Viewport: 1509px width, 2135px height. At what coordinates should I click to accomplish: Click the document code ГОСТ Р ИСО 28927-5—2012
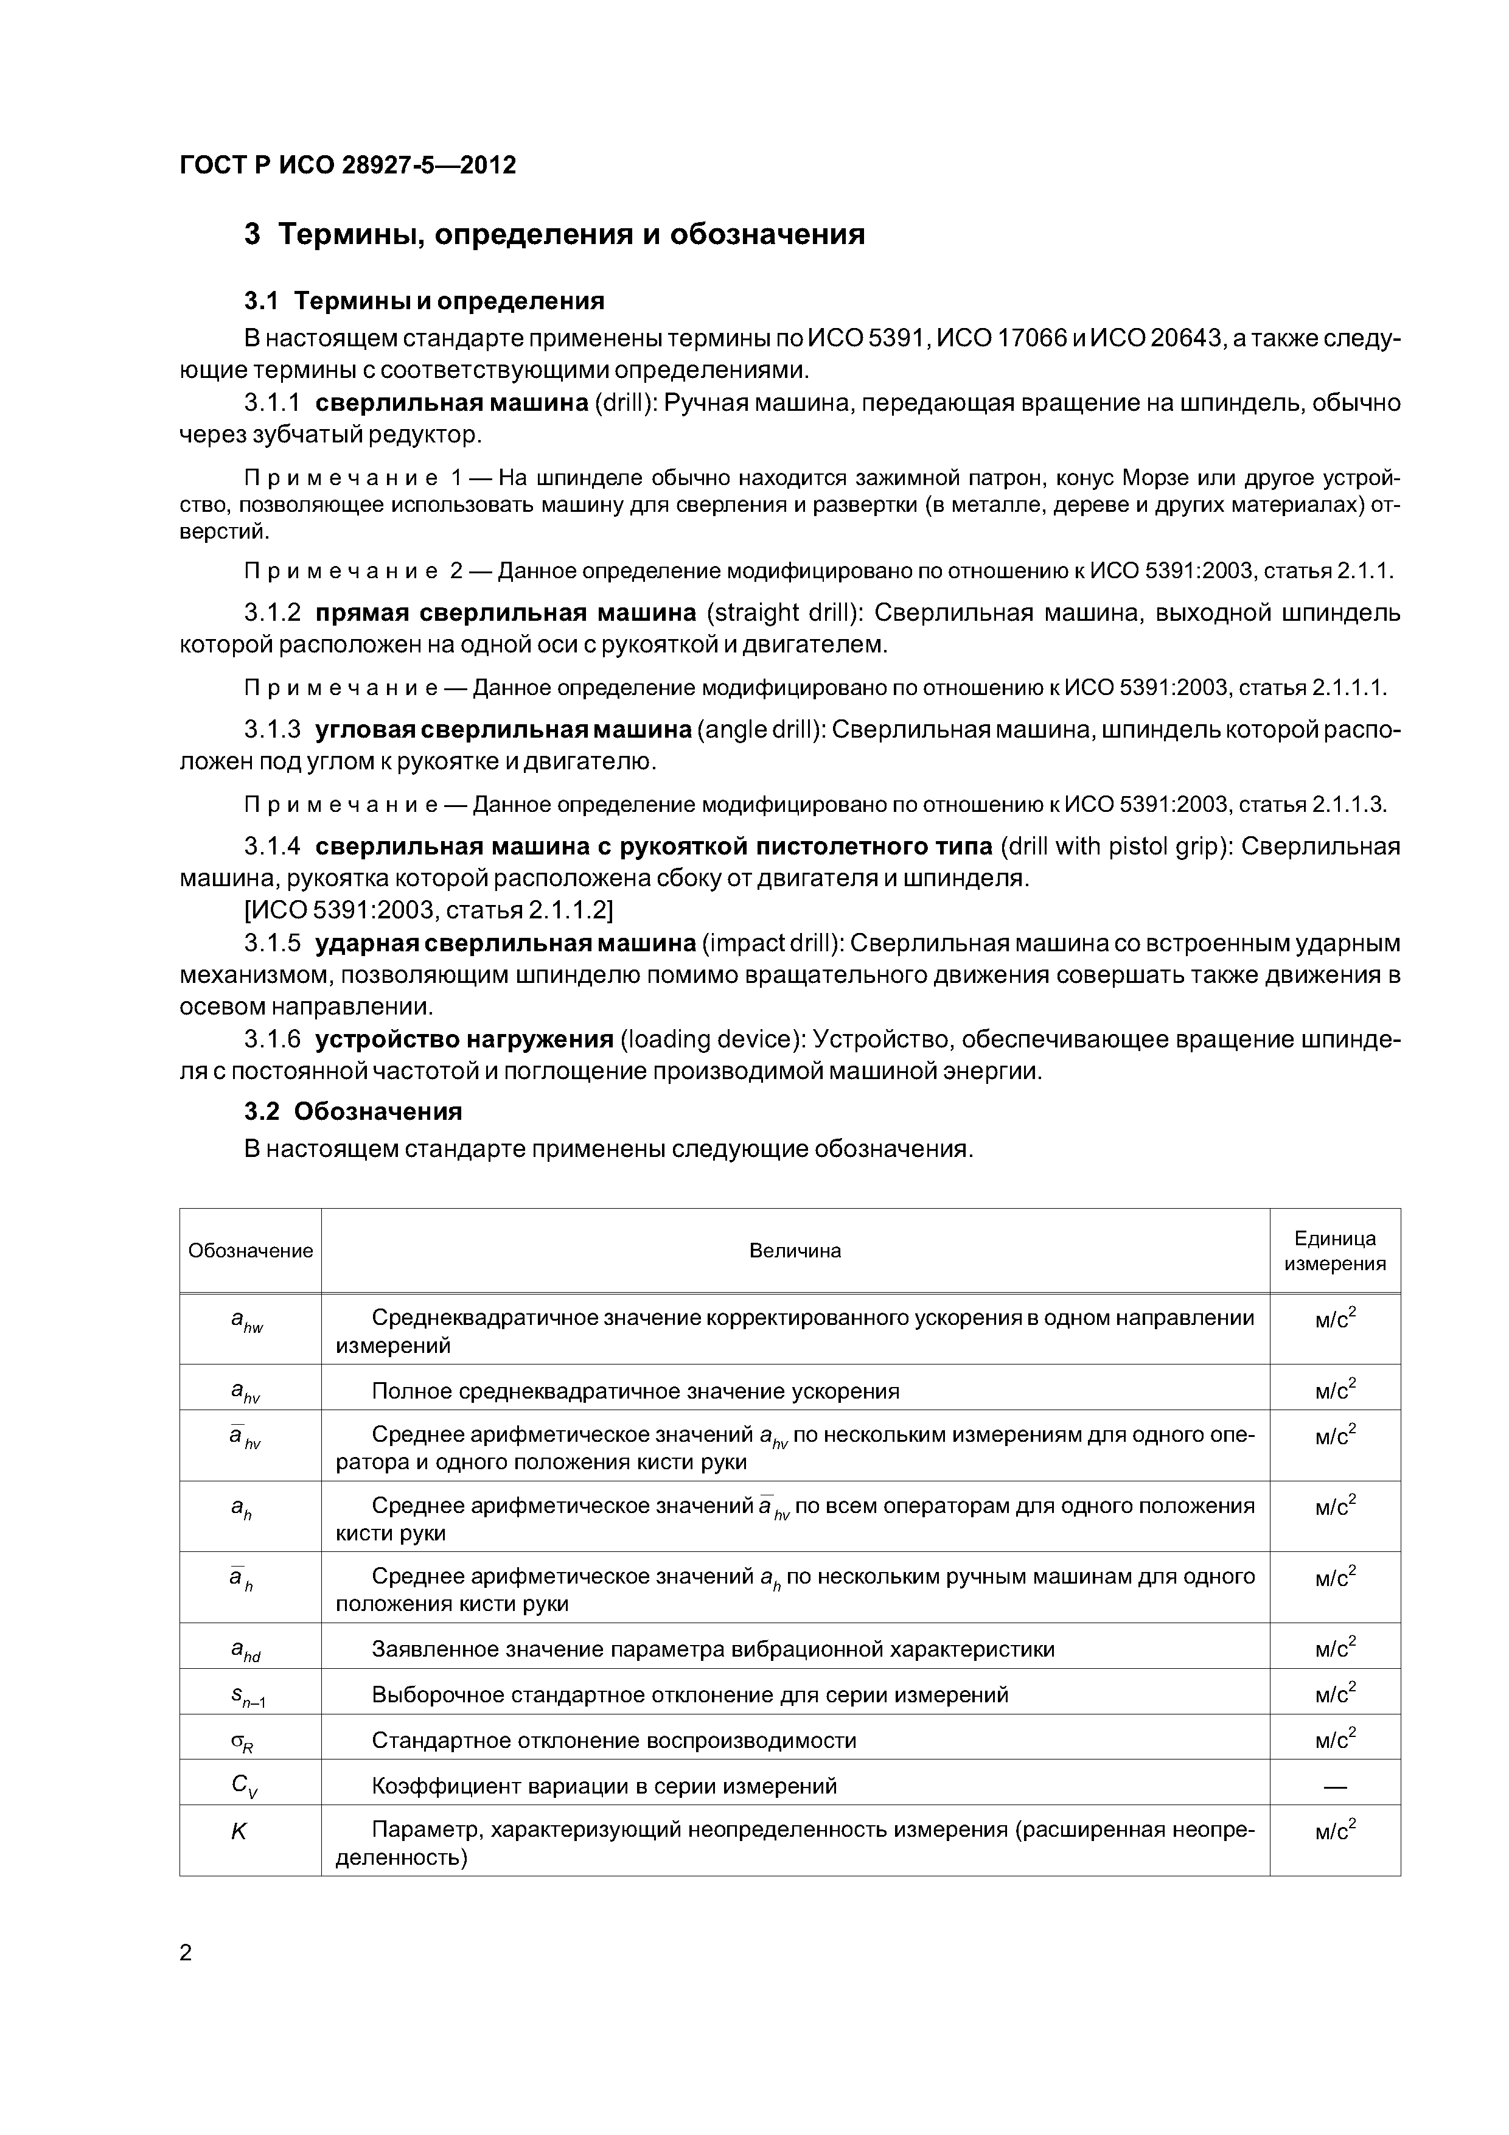(x=347, y=166)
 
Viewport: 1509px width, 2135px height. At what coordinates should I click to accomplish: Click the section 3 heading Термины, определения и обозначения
(x=554, y=234)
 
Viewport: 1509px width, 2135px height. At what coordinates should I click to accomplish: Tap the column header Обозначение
(x=250, y=1251)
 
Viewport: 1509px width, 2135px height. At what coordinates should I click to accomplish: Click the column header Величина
(x=795, y=1251)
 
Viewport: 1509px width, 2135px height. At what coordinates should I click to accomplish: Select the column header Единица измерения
(x=1334, y=1251)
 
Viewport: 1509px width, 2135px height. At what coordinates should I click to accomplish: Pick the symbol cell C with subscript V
(x=240, y=1783)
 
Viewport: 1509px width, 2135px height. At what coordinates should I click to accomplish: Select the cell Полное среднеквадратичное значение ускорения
(x=635, y=1391)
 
